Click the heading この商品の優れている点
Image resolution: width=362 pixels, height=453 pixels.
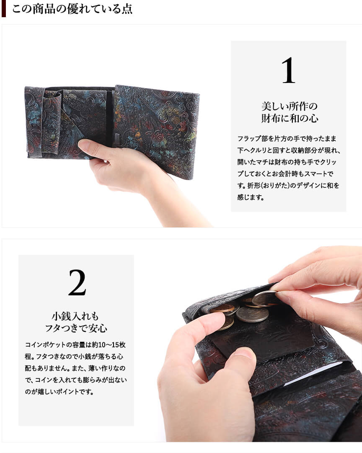coord(72,9)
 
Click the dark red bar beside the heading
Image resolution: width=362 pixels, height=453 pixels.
coord(3,9)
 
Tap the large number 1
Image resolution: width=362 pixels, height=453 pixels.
coord(288,70)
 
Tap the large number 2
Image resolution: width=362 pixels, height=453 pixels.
coord(77,282)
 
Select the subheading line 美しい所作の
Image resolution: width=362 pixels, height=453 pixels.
coord(290,106)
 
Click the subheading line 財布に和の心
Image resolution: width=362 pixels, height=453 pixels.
coord(290,119)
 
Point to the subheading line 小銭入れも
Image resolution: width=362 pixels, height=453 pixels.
coord(75,316)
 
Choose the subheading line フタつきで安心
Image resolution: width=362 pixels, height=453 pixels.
coord(76,328)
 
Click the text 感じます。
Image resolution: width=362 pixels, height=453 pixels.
coord(251,198)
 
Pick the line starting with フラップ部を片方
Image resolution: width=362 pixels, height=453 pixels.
coord(287,139)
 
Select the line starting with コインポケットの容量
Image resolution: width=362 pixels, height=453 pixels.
coord(75,344)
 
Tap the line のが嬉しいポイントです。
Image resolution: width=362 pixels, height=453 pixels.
coord(59,392)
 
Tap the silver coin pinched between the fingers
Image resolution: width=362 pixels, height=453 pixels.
coord(265,298)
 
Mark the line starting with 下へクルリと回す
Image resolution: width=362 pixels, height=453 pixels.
coord(289,150)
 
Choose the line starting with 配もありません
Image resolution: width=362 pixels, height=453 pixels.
coord(75,368)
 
